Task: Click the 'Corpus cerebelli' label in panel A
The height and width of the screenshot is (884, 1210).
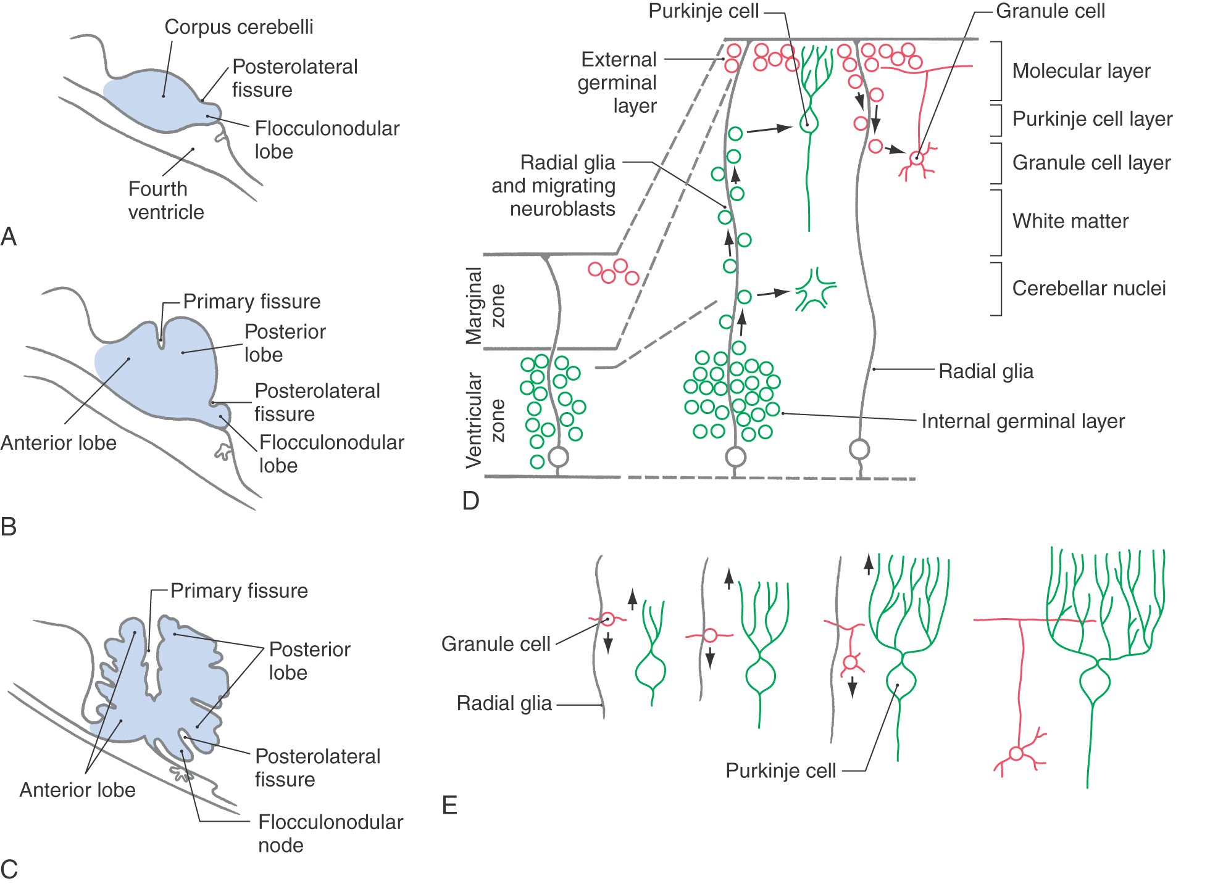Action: [238, 27]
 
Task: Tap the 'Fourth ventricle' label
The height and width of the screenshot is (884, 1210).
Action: [165, 200]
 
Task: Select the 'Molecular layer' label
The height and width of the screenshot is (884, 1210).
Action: [1081, 71]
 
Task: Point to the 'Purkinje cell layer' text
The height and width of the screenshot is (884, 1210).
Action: [1092, 118]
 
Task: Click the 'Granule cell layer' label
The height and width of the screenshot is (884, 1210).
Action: [1091, 162]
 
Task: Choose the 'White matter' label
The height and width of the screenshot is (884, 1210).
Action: [1070, 221]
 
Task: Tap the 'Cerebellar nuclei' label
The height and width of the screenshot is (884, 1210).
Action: [1088, 288]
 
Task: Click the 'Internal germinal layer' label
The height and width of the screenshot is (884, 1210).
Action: [1022, 421]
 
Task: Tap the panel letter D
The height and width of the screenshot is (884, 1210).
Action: [470, 501]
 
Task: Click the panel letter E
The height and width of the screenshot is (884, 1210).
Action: [449, 805]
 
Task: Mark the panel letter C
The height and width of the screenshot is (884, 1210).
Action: [9, 869]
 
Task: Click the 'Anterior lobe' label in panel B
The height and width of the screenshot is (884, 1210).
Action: [59, 443]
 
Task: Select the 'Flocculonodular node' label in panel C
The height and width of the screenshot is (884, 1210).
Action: [330, 833]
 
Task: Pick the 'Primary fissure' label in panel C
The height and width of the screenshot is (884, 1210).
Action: [239, 591]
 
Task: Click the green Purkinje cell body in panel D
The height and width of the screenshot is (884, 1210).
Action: [808, 123]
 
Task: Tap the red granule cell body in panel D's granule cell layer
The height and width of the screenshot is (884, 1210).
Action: [917, 159]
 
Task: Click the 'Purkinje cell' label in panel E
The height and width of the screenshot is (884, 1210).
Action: [780, 770]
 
